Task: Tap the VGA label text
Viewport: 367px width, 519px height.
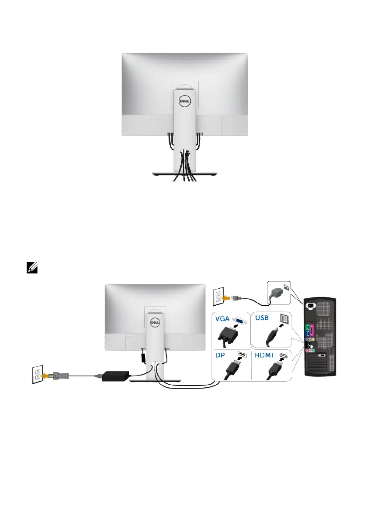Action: click(x=224, y=319)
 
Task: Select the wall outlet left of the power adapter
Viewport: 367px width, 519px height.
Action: click(x=38, y=375)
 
